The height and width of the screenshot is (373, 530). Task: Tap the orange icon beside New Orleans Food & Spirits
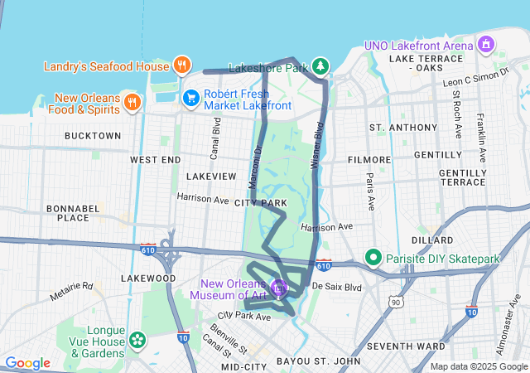132,101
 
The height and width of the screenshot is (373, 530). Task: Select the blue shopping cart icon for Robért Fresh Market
191,98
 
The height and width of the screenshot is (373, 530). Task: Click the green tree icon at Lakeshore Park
320,65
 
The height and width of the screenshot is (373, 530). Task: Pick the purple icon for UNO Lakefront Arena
486,43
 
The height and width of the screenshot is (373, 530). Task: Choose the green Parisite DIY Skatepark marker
373,259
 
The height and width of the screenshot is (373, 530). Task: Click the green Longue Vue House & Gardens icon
137,340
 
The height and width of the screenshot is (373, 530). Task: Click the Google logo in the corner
27,362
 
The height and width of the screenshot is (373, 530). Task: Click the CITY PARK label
260,202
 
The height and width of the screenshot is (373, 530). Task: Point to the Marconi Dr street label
256,167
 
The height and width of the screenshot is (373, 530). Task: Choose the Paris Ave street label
370,191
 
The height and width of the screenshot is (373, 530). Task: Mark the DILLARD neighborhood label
431,240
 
